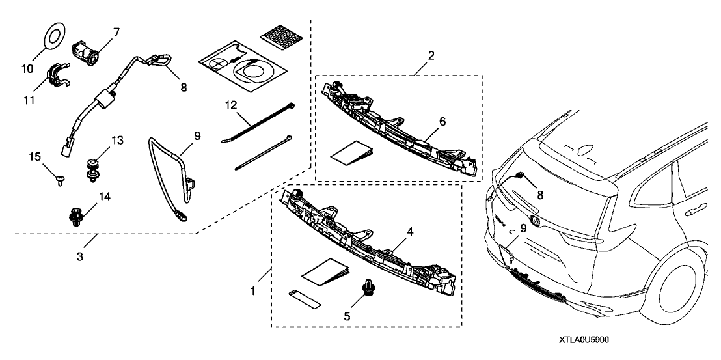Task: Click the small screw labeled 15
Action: (60, 178)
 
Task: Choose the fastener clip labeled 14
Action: (75, 215)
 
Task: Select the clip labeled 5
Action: (370, 289)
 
